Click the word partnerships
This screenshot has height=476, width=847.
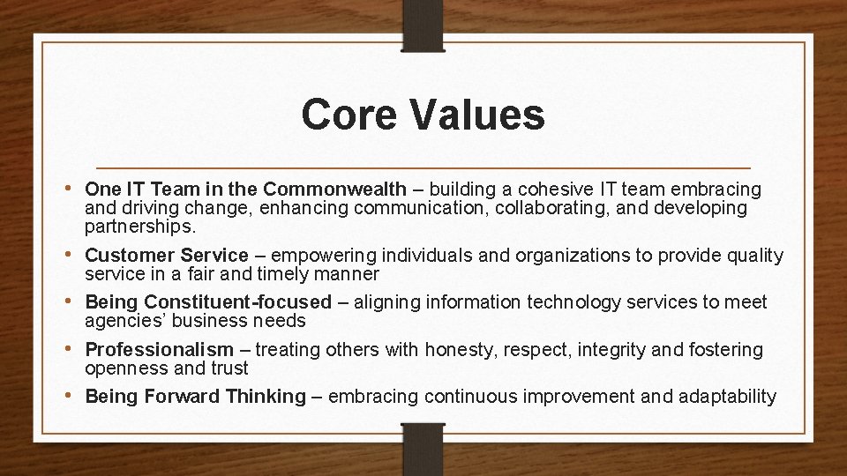[139, 227]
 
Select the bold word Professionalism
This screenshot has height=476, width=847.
[160, 350]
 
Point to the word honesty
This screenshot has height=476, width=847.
[461, 350]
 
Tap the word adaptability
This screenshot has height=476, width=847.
[727, 397]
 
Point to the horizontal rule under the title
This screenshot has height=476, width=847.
[423, 167]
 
